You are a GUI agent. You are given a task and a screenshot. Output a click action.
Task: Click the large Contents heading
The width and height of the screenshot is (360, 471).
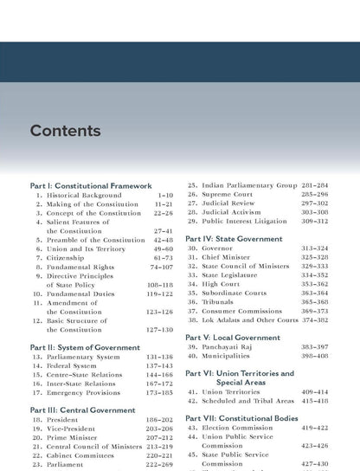tap(65, 132)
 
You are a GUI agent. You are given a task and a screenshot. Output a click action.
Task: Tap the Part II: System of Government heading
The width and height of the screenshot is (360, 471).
tap(85, 347)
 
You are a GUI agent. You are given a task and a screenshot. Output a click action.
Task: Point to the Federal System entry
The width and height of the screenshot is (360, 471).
tap(74, 366)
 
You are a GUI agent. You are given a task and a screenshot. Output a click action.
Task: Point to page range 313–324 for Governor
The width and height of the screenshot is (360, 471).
tap(314, 248)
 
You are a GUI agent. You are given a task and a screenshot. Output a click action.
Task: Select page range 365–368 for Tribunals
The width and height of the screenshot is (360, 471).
tap(314, 302)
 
